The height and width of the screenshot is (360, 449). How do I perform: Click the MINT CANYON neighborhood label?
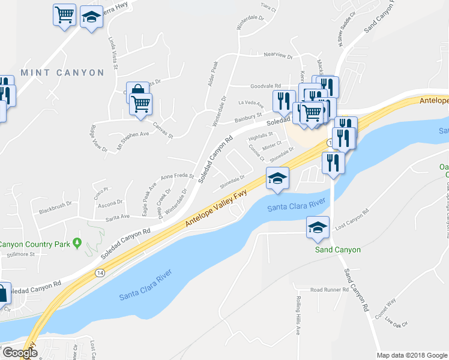point(62,73)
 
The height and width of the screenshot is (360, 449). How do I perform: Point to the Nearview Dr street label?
point(277,56)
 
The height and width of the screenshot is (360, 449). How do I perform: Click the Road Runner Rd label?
point(330,290)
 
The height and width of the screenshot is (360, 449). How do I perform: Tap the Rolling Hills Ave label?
point(298,316)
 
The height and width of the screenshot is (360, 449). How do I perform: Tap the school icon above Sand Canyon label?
point(318,227)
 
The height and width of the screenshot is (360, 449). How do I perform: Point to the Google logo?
point(20,353)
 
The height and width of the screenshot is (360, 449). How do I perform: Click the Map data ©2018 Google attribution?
point(411,355)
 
